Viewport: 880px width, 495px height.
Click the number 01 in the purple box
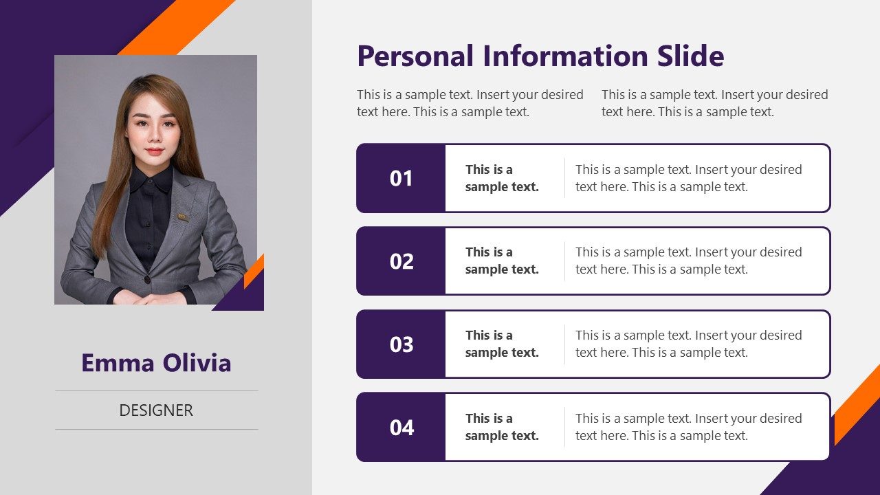click(x=401, y=179)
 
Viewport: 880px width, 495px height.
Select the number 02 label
click(x=401, y=261)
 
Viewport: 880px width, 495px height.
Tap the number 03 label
click(x=401, y=344)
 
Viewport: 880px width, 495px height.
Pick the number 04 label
click(x=401, y=428)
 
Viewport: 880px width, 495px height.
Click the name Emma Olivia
click(x=156, y=362)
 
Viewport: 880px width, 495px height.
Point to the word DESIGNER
click(x=156, y=410)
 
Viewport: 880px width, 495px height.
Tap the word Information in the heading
click(x=556, y=56)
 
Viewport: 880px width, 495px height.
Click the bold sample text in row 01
click(x=502, y=178)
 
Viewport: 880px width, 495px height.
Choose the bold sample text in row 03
click(x=502, y=344)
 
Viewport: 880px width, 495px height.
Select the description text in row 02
click(x=688, y=261)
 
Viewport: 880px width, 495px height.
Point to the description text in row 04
click(x=688, y=427)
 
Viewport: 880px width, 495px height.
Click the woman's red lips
click(x=154, y=151)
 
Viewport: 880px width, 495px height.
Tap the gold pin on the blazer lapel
click(x=183, y=217)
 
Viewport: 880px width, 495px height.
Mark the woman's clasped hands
click(x=148, y=298)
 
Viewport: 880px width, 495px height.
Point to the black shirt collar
click(x=150, y=180)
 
